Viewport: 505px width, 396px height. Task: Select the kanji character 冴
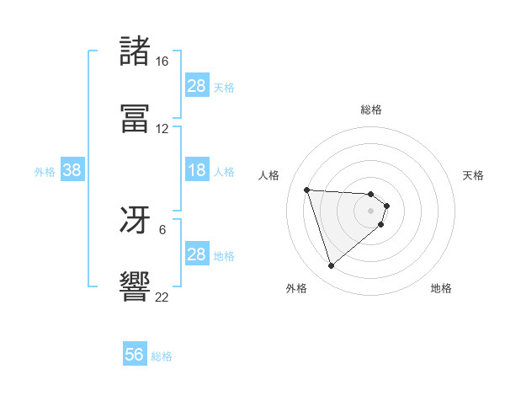[135, 221]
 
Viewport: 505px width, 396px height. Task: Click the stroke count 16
[162, 62]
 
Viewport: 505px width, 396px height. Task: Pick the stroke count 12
[162, 129]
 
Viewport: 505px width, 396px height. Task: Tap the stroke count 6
[162, 229]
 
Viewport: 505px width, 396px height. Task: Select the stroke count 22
[162, 297]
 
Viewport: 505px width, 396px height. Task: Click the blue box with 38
[72, 170]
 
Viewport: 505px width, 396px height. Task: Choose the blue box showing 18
[196, 170]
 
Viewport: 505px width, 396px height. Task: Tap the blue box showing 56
[135, 355]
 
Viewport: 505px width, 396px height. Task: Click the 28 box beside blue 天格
[196, 86]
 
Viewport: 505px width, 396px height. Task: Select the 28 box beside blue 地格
[196, 254]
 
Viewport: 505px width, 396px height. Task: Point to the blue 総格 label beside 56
[162, 356]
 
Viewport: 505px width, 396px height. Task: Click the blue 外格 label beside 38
[45, 172]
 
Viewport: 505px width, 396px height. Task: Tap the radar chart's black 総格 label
[371, 110]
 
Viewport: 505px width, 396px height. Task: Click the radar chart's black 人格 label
[269, 174]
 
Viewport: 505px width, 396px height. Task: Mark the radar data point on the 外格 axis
[332, 266]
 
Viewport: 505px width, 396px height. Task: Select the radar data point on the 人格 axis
[307, 190]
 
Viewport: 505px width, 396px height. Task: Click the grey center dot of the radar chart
[371, 222]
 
